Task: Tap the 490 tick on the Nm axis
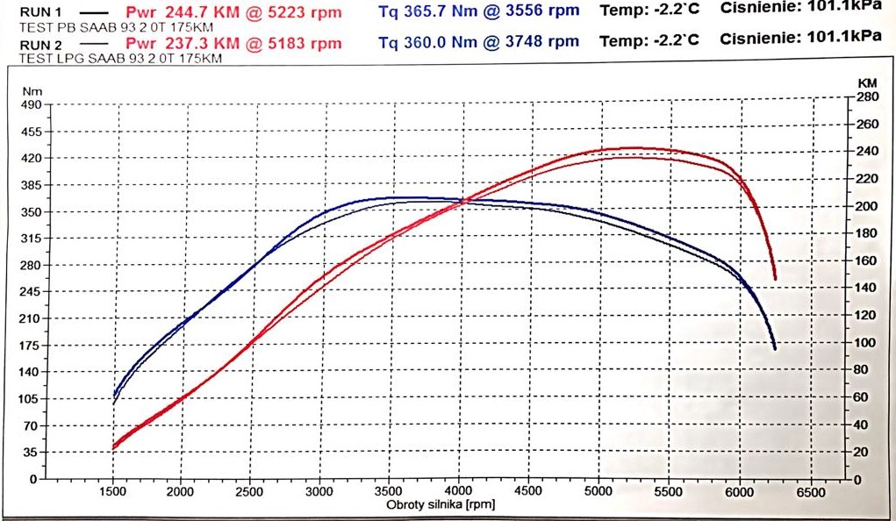click(31, 104)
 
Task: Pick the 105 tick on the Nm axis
click(31, 398)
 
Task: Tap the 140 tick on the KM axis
click(867, 288)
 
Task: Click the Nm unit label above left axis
click(32, 91)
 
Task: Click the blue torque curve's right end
click(775, 349)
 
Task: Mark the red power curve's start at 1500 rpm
click(114, 446)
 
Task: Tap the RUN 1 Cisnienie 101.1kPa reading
click(800, 8)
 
